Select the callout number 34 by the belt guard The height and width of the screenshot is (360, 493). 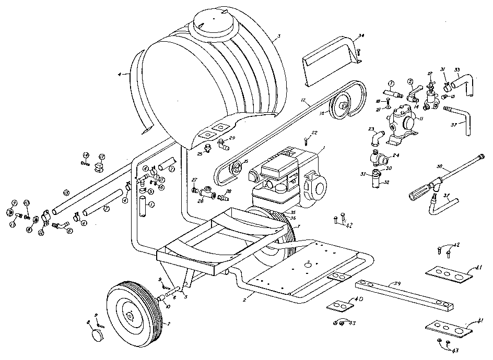(x=361, y=36)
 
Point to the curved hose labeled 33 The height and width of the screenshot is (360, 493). (x=464, y=83)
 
